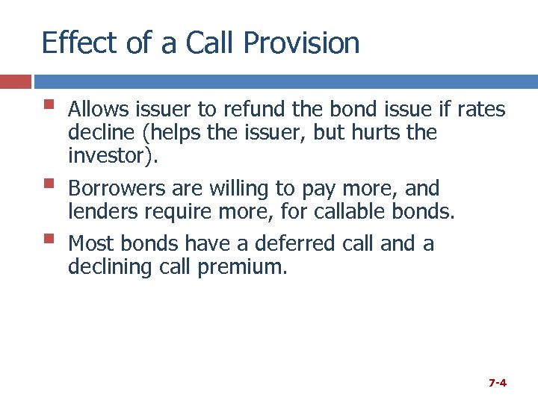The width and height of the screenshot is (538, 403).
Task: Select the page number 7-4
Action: [498, 383]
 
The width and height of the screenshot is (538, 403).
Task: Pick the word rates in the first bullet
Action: [483, 110]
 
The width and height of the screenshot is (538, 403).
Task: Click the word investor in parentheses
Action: [109, 157]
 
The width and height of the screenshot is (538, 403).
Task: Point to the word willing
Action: [239, 190]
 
